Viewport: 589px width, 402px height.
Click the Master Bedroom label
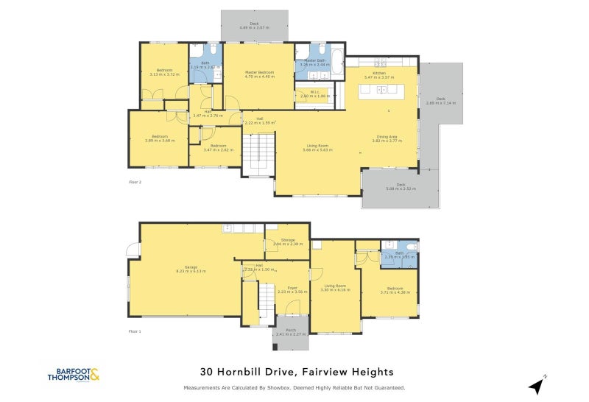(x=259, y=72)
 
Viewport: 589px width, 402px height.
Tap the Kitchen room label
(x=378, y=74)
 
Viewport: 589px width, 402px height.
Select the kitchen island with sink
(x=381, y=90)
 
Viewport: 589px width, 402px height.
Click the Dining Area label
(x=387, y=136)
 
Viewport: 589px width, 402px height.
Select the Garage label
(x=185, y=267)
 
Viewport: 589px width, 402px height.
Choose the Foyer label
(x=292, y=288)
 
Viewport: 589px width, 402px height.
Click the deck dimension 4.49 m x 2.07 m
(x=254, y=28)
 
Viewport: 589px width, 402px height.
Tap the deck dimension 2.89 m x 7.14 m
(x=441, y=103)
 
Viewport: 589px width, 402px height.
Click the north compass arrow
(x=537, y=384)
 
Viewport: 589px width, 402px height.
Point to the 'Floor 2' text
(x=135, y=180)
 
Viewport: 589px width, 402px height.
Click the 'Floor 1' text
(x=135, y=331)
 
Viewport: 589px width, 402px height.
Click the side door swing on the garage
(x=133, y=250)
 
